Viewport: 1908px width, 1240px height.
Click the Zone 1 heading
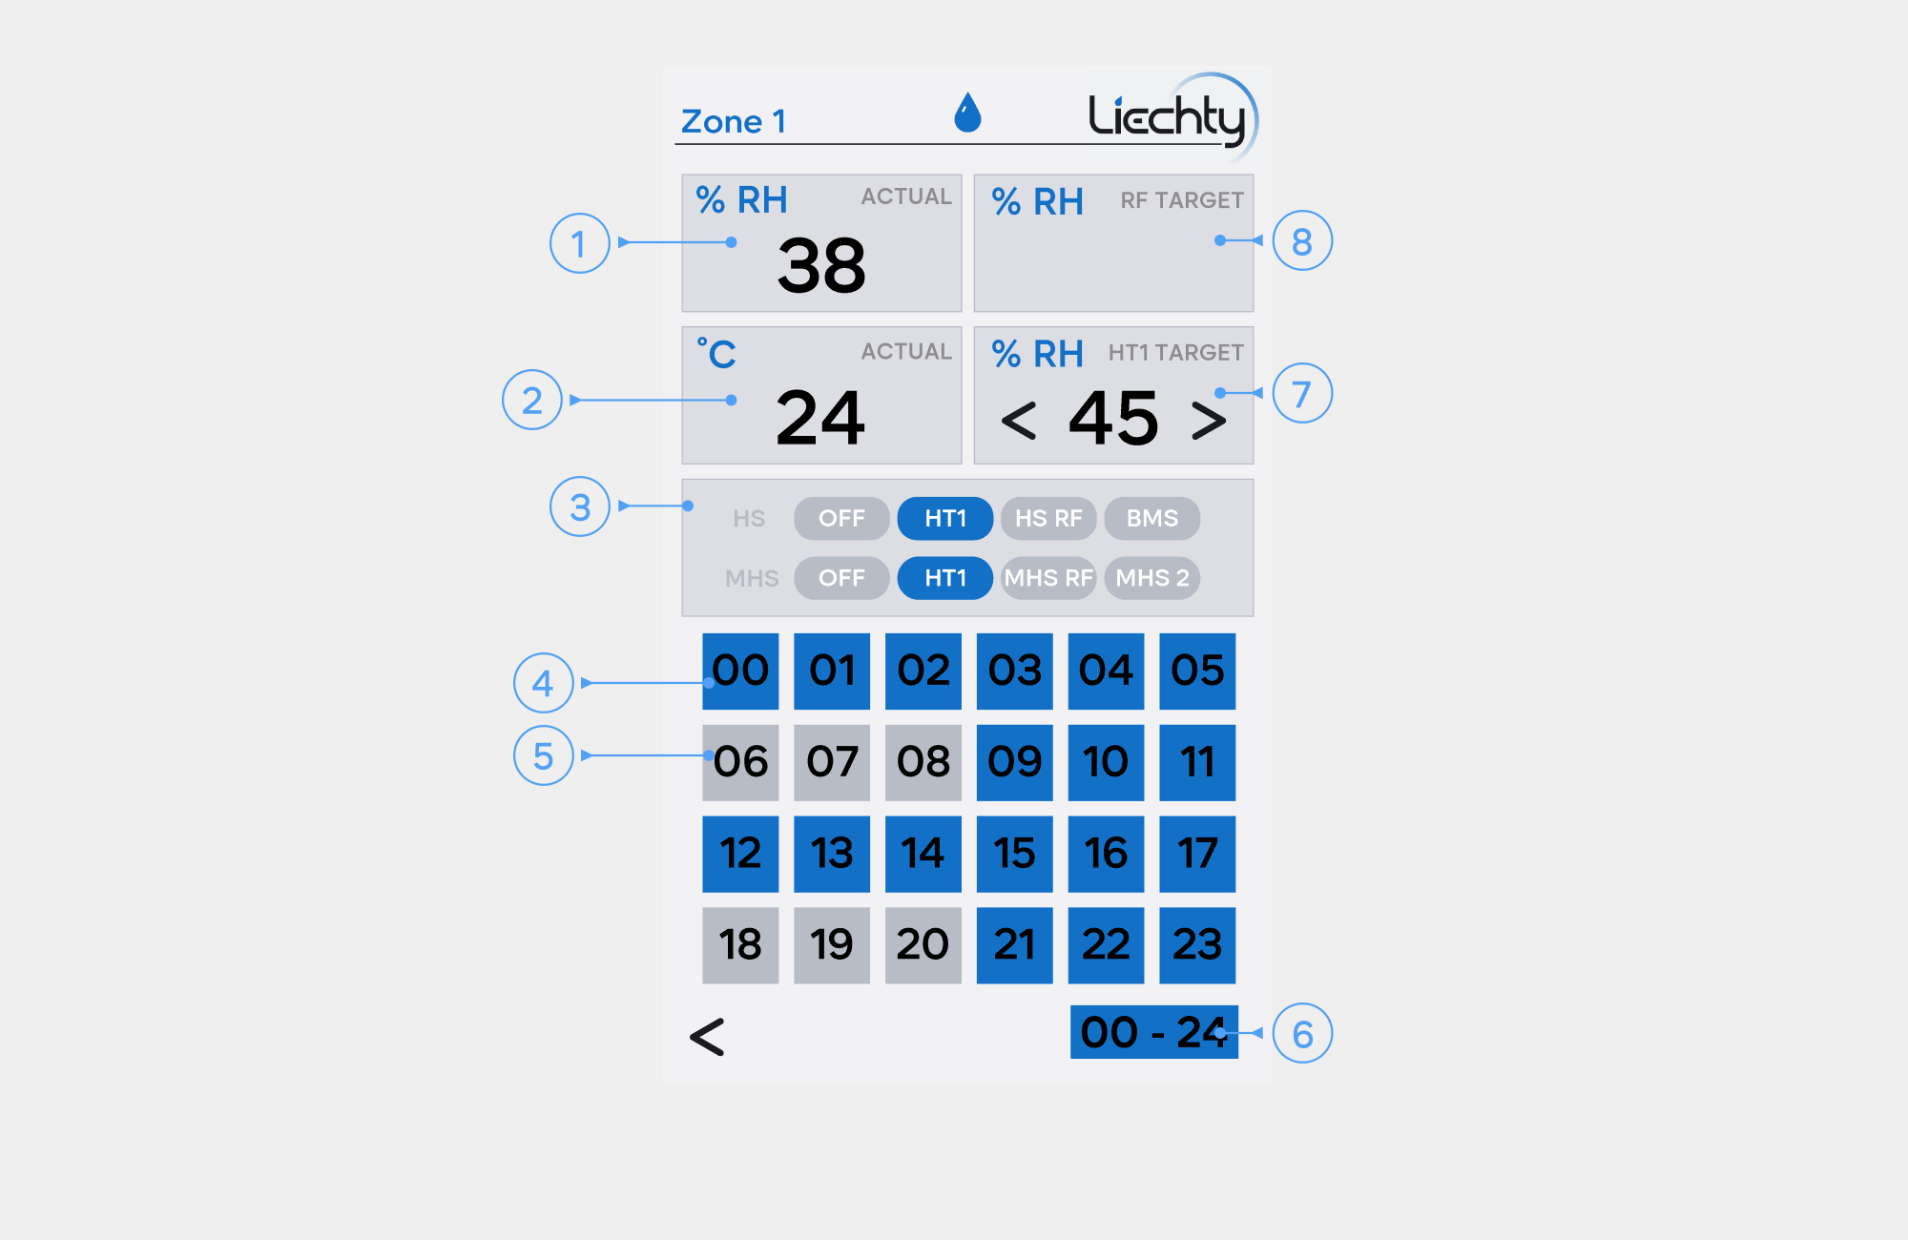[733, 122]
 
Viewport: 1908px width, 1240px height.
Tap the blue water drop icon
[967, 114]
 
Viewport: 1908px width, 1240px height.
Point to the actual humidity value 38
[821, 265]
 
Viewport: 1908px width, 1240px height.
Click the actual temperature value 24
[820, 418]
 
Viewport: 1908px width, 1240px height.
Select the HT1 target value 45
[1113, 418]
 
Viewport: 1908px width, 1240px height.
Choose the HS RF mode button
[1048, 518]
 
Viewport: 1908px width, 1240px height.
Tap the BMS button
[1152, 518]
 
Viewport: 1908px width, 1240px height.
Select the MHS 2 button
[1152, 578]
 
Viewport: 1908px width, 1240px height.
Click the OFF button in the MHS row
[841, 578]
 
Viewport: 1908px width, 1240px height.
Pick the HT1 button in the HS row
[945, 518]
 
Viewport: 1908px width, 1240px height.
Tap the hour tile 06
[740, 762]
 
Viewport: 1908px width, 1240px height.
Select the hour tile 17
[1197, 854]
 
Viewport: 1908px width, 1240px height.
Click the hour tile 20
[923, 945]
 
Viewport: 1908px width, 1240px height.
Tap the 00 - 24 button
[1154, 1032]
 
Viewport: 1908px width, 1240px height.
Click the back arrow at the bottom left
[707, 1037]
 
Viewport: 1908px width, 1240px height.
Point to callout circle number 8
[1302, 241]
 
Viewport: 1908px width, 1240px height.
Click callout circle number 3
[580, 506]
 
